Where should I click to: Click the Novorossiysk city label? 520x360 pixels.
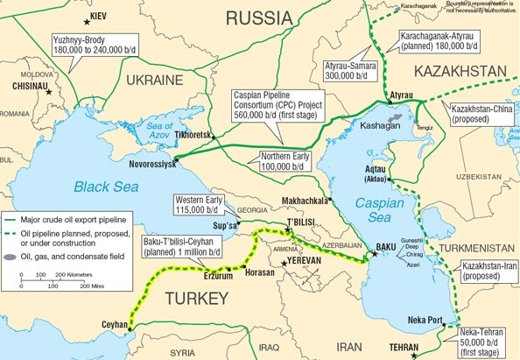point(142,164)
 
